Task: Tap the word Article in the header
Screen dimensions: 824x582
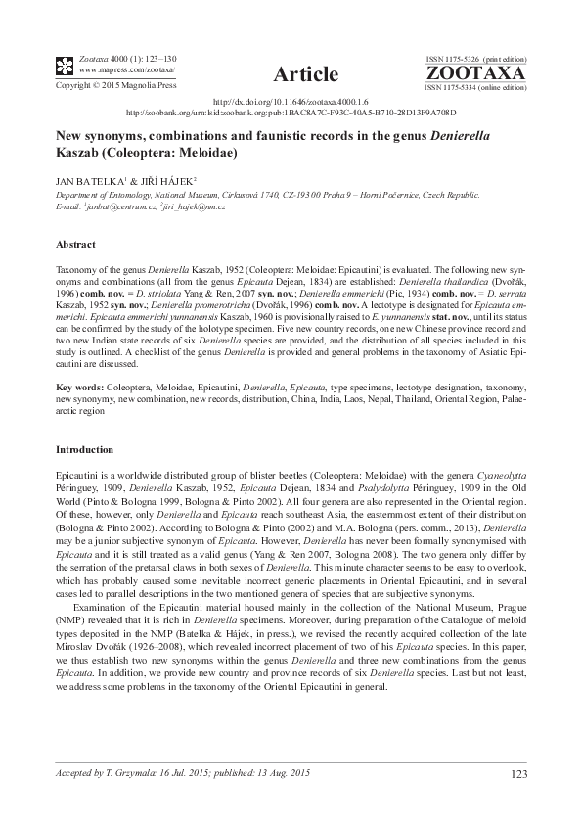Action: (x=306, y=74)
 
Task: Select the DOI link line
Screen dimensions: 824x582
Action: (x=291, y=101)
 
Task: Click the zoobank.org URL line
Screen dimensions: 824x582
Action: (x=291, y=112)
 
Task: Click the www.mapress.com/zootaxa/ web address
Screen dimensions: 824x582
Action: (x=113, y=70)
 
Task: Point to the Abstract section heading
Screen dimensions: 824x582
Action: (x=75, y=244)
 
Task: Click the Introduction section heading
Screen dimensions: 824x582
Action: (x=84, y=449)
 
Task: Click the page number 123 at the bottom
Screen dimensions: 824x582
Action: (x=518, y=775)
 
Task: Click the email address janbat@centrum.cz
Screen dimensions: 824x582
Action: (x=118, y=207)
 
